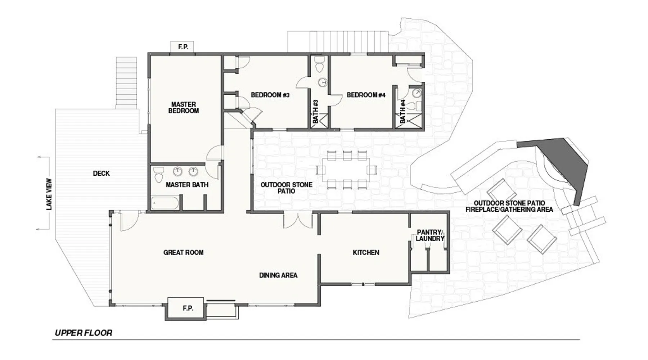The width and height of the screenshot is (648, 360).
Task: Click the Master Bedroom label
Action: point(184,108)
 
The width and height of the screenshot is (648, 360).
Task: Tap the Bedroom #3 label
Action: point(270,95)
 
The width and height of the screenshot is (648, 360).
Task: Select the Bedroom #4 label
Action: point(366,95)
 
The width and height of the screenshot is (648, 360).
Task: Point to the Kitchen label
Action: point(366,252)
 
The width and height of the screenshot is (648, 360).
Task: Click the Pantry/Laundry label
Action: point(430,235)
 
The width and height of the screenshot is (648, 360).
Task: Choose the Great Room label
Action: point(183,252)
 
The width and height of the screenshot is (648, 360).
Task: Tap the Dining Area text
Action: point(278,275)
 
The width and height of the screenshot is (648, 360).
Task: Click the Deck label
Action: point(101,174)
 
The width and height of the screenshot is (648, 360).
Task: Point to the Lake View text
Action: point(49,194)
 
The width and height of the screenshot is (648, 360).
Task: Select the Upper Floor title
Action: point(84,333)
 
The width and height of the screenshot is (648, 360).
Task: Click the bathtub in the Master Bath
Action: point(165,203)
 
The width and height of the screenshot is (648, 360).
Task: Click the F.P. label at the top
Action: point(183,47)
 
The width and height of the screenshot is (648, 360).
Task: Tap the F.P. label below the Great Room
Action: point(188,308)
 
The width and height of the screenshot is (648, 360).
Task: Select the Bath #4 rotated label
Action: point(403,111)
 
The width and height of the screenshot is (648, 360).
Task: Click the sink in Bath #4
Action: point(417,93)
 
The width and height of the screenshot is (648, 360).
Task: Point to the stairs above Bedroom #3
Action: point(338,42)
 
